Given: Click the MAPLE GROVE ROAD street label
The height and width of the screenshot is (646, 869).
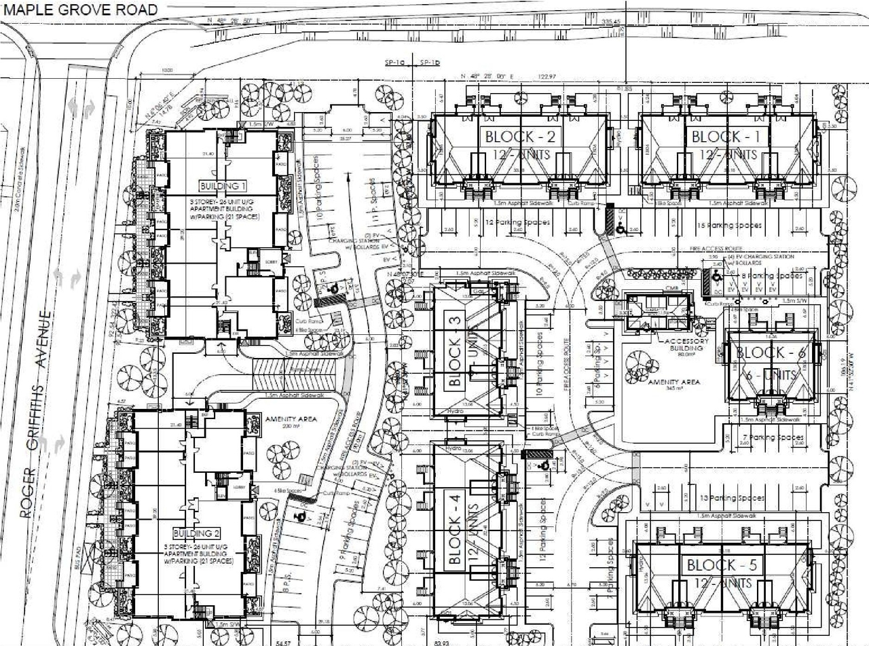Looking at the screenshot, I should [81, 10].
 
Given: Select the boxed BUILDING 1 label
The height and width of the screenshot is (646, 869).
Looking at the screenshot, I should [222, 186].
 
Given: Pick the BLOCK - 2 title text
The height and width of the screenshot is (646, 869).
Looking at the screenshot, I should [521, 137].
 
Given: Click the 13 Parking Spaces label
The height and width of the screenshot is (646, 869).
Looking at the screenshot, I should [727, 498].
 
